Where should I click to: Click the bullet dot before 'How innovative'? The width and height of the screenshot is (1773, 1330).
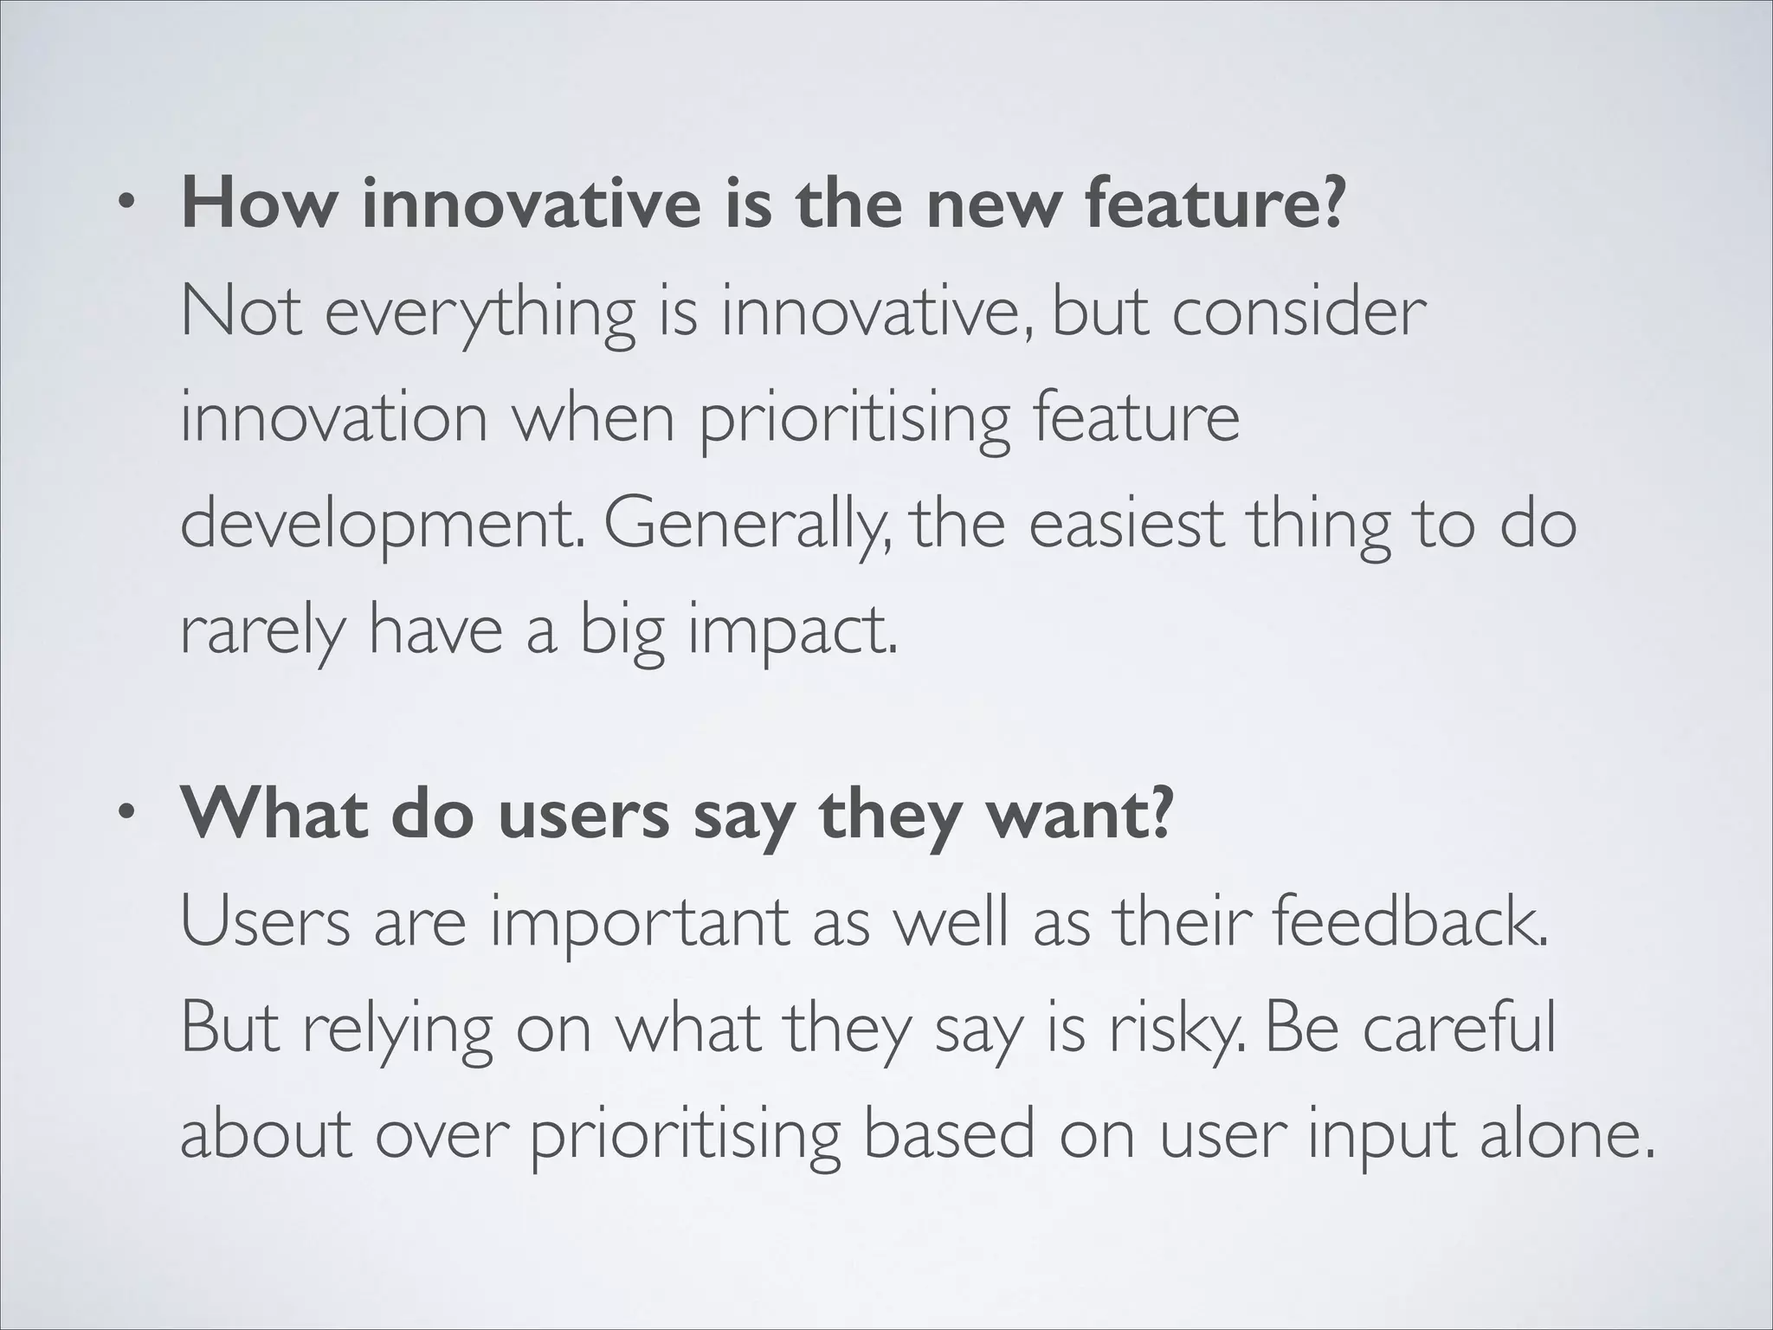pos(128,205)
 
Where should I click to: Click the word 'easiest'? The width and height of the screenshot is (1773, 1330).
pos(1126,525)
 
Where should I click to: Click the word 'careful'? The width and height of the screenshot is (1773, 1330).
pos(1458,1028)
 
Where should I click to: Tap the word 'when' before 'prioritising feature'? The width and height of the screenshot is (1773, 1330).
pos(593,418)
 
